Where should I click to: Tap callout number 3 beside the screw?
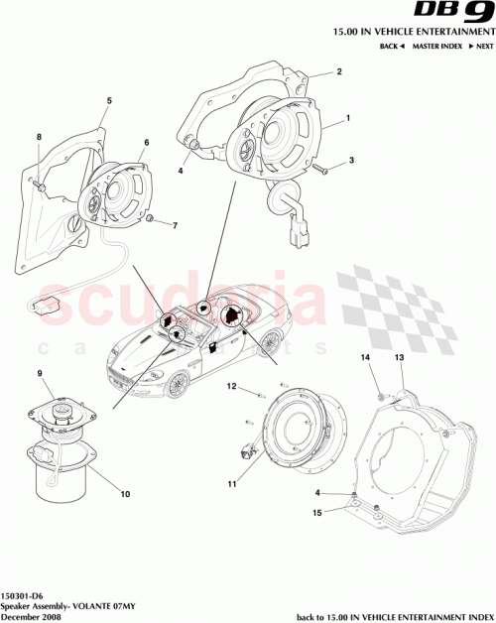351,159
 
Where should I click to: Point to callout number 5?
109,101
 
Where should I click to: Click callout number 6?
146,144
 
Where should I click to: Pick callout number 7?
175,226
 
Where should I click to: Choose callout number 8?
40,136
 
